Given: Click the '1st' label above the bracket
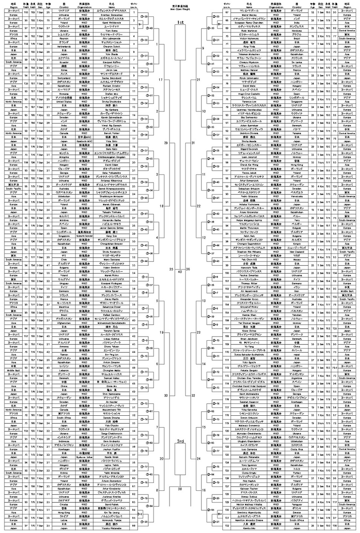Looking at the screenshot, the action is (180, 22).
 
